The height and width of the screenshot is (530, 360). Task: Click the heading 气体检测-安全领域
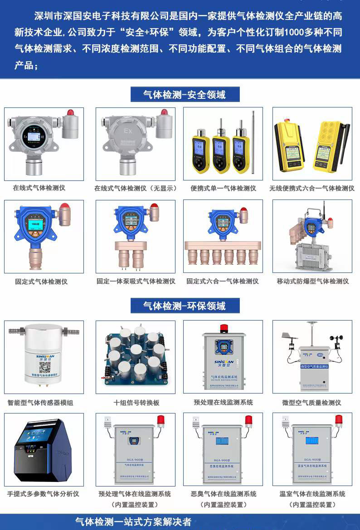185,95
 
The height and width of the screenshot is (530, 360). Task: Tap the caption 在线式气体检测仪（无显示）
136,188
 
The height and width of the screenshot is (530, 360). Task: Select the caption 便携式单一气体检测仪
223,188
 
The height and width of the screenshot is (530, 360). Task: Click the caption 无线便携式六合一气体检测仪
312,188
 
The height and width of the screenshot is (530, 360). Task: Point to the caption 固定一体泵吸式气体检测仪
136,281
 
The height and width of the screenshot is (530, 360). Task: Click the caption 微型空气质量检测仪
311,403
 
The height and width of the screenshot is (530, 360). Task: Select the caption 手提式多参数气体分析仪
43,494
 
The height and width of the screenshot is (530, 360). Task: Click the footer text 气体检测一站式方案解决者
133,522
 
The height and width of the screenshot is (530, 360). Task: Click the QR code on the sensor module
44,367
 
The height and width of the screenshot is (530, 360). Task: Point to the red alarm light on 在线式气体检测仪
70,112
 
